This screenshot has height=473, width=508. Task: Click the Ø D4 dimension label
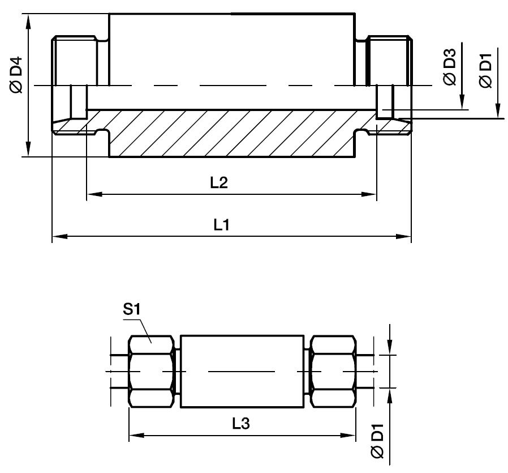click(x=16, y=75)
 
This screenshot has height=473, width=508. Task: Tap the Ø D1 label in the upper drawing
click(x=485, y=70)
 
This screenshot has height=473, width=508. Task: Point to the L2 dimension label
click(x=219, y=182)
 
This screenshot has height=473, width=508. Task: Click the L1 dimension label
click(x=222, y=224)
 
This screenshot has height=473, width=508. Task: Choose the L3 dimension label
click(x=241, y=423)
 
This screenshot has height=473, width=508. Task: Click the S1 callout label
click(x=132, y=309)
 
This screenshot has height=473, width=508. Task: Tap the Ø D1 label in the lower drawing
click(x=377, y=441)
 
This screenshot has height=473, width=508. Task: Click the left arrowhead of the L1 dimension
click(x=60, y=236)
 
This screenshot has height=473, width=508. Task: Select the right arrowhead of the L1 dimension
click(x=404, y=236)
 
